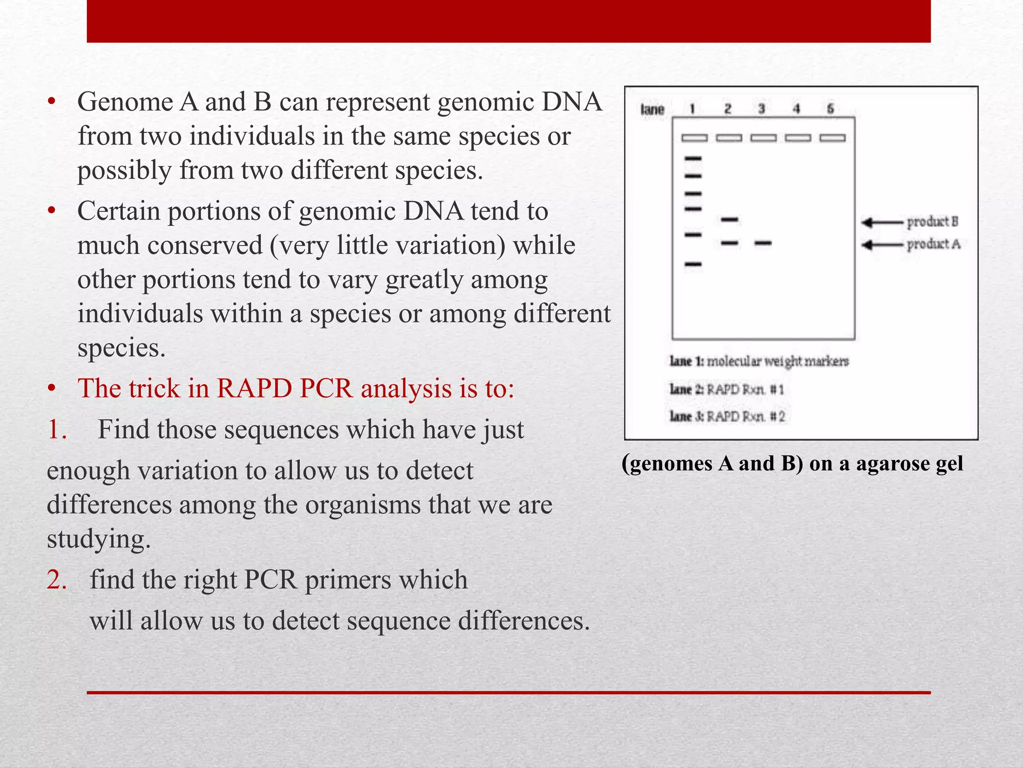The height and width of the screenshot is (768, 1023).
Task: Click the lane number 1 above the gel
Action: tap(692, 109)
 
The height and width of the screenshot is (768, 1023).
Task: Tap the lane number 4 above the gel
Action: tap(796, 109)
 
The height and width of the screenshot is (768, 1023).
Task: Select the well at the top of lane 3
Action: tap(763, 137)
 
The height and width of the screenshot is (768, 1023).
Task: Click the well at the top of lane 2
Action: tap(729, 137)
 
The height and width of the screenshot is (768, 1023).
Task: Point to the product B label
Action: tap(932, 221)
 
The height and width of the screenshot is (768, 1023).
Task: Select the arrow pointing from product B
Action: tap(882, 222)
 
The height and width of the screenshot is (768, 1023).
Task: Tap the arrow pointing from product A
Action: tap(882, 244)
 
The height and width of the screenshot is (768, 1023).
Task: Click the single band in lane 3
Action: tap(763, 243)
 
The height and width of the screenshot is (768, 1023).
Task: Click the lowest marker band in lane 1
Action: tap(693, 264)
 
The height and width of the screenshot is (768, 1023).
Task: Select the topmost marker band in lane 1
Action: tap(693, 158)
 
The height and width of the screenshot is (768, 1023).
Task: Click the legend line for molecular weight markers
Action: tap(759, 361)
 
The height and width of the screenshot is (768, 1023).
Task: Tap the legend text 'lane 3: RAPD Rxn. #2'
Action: tap(727, 416)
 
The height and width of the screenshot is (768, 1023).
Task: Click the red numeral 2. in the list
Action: tap(56, 580)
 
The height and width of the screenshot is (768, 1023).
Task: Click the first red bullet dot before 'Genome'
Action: tap(51, 102)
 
